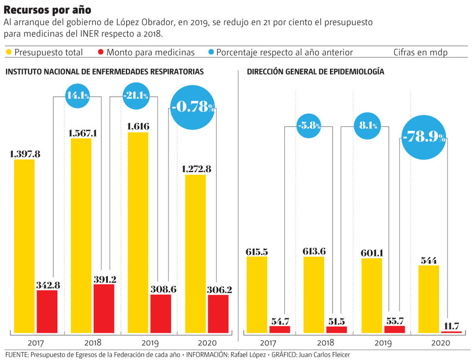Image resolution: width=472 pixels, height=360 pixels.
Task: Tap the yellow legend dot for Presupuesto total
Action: click(9, 52)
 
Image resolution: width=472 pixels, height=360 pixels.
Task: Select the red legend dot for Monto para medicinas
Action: click(101, 52)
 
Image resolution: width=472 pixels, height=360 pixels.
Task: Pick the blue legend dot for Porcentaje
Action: click(210, 52)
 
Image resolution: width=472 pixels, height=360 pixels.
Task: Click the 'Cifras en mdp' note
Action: click(420, 52)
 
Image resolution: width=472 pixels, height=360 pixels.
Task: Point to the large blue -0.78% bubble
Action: click(193, 106)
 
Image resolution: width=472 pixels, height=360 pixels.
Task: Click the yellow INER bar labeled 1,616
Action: click(138, 232)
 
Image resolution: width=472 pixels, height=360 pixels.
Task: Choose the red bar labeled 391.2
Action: click(104, 309)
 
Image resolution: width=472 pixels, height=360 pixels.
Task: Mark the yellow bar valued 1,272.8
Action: click(196, 254)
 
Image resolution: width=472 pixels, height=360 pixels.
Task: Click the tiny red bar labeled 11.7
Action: click(452, 332)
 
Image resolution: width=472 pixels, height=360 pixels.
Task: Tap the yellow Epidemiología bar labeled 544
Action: click(429, 299)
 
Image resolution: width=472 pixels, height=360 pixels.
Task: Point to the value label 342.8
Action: click(47, 285)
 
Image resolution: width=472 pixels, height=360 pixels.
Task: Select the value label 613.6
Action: click(314, 252)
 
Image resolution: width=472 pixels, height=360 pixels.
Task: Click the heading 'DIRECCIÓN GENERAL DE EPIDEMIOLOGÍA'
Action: click(315, 72)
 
